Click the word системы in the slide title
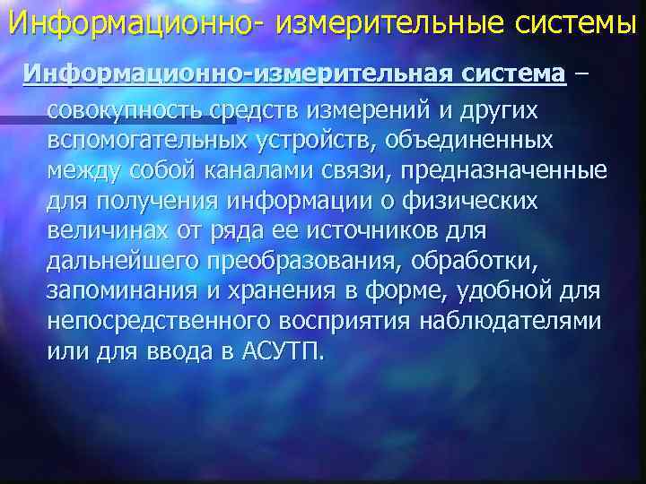(x=573, y=21)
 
